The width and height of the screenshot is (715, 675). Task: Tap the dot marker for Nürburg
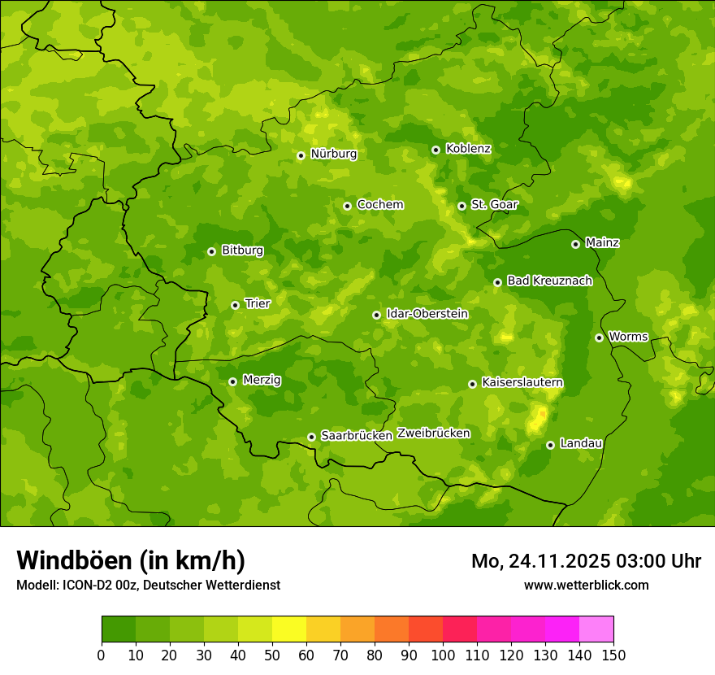click(x=301, y=155)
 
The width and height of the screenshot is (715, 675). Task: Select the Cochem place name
click(x=379, y=204)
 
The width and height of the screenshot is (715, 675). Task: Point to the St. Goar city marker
click(x=461, y=206)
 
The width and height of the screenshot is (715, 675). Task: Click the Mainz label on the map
click(x=602, y=242)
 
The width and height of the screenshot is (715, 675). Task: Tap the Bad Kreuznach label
click(x=549, y=281)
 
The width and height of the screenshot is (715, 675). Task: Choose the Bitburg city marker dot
click(x=211, y=251)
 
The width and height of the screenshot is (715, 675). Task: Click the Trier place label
click(x=258, y=303)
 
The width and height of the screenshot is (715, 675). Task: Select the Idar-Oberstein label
click(x=427, y=313)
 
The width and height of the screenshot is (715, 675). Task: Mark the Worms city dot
click(x=599, y=337)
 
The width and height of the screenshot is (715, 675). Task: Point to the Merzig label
click(x=262, y=380)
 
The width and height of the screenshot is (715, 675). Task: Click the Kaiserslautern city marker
click(x=472, y=384)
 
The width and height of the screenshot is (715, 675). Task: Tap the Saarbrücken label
click(x=357, y=435)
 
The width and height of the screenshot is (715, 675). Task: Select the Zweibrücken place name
click(x=433, y=433)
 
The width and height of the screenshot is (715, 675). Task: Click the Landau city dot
click(x=550, y=445)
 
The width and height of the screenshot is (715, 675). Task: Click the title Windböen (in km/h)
click(x=131, y=560)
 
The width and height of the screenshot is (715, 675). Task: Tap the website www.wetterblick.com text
click(x=586, y=585)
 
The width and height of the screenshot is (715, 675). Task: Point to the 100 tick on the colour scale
click(x=443, y=655)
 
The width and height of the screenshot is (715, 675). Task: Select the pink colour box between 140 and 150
click(x=596, y=629)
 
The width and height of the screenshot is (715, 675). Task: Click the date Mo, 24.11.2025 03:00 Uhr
click(x=586, y=561)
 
